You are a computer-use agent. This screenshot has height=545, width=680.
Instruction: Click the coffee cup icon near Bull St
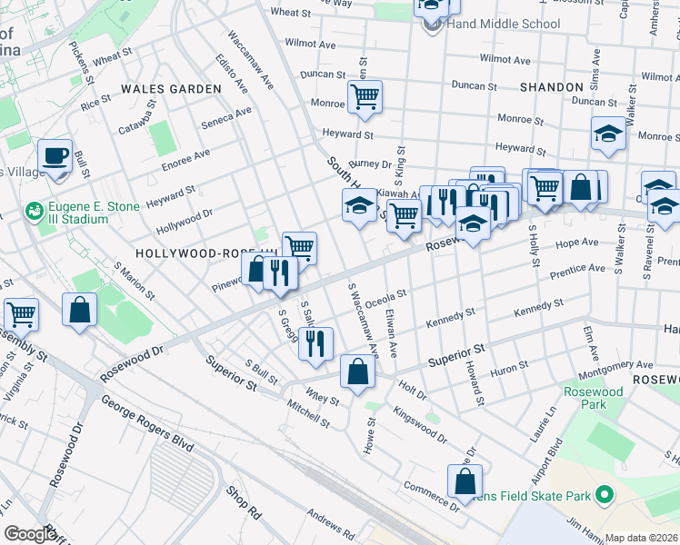55,155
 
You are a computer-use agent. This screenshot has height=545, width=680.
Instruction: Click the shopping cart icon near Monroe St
364,96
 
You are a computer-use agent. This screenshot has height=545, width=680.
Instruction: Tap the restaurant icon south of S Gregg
315,343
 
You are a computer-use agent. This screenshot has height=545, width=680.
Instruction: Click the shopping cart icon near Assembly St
20,314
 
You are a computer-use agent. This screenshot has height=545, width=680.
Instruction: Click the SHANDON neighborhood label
551,87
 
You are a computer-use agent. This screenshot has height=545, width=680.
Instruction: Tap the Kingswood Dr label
420,424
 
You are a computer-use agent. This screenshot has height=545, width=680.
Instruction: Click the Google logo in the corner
29,534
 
